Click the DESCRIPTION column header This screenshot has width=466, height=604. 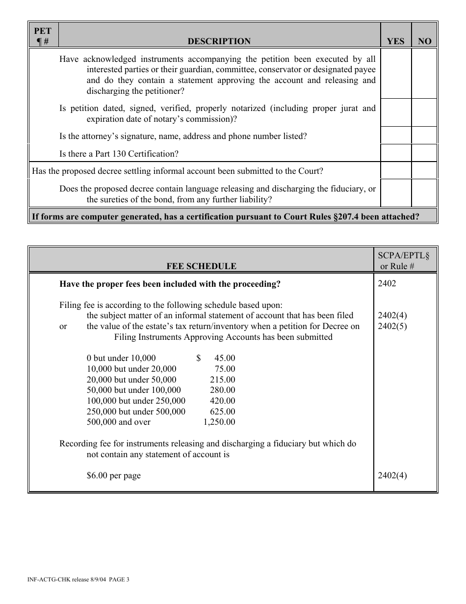click(219, 41)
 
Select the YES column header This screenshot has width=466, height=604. click(395, 41)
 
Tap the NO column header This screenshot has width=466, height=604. click(424, 41)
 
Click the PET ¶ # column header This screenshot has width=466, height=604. click(43, 36)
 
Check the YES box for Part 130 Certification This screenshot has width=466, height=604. click(395, 153)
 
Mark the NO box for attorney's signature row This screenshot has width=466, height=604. click(424, 136)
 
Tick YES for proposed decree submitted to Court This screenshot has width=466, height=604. click(395, 171)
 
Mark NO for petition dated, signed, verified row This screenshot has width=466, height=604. click(424, 113)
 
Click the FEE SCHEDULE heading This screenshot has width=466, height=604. click(201, 266)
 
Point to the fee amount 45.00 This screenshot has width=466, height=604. click(225, 358)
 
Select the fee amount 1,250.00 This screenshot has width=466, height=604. click(219, 422)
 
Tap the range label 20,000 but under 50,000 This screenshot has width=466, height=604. click(131, 380)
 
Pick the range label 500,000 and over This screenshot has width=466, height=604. click(119, 422)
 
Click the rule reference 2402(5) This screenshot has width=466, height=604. click(392, 326)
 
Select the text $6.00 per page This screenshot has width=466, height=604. click(114, 475)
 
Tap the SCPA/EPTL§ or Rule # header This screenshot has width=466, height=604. click(404, 260)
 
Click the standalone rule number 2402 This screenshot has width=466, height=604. click(387, 283)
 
